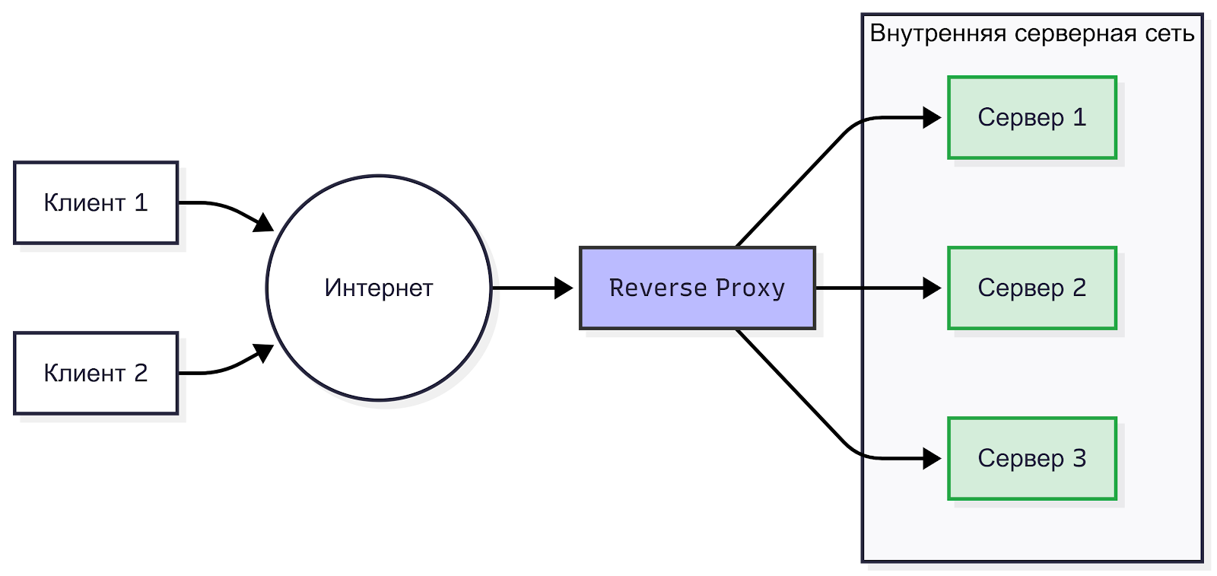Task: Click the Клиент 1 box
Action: click(x=96, y=202)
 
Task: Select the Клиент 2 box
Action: click(x=96, y=373)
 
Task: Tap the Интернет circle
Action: click(x=379, y=288)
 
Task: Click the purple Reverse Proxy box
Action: click(x=697, y=288)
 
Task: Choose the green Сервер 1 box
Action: click(x=1032, y=118)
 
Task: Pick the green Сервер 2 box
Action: click(x=1032, y=288)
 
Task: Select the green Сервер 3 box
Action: click(x=1032, y=458)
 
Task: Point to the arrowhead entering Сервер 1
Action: click(x=932, y=118)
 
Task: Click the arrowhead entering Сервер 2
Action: click(x=932, y=288)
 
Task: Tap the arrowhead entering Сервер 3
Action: click(x=932, y=458)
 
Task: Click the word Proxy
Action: click(x=750, y=288)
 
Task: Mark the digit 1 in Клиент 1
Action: click(x=141, y=202)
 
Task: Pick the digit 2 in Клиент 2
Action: click(x=141, y=373)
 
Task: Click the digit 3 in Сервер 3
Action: click(x=1079, y=458)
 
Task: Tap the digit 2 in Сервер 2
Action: click(x=1079, y=288)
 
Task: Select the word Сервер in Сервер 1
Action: click(x=1021, y=118)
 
